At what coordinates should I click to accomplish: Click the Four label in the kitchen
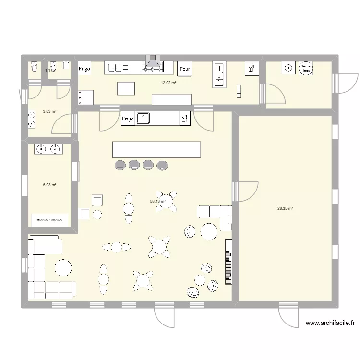point(184,69)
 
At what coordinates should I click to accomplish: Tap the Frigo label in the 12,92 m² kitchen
point(84,69)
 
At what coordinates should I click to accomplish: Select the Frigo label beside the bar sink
point(127,119)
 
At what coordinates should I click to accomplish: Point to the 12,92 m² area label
point(168,83)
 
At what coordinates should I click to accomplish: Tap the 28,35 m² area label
point(285,208)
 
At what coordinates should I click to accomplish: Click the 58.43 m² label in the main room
point(158,202)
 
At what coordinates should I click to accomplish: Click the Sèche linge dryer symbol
point(305,69)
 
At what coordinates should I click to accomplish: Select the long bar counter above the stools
point(156,149)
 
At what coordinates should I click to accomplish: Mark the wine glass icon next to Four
point(250,68)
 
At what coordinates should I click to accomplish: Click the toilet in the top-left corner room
point(33,67)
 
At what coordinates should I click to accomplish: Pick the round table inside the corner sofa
point(63,267)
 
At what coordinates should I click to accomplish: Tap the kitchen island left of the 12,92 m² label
point(126,87)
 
